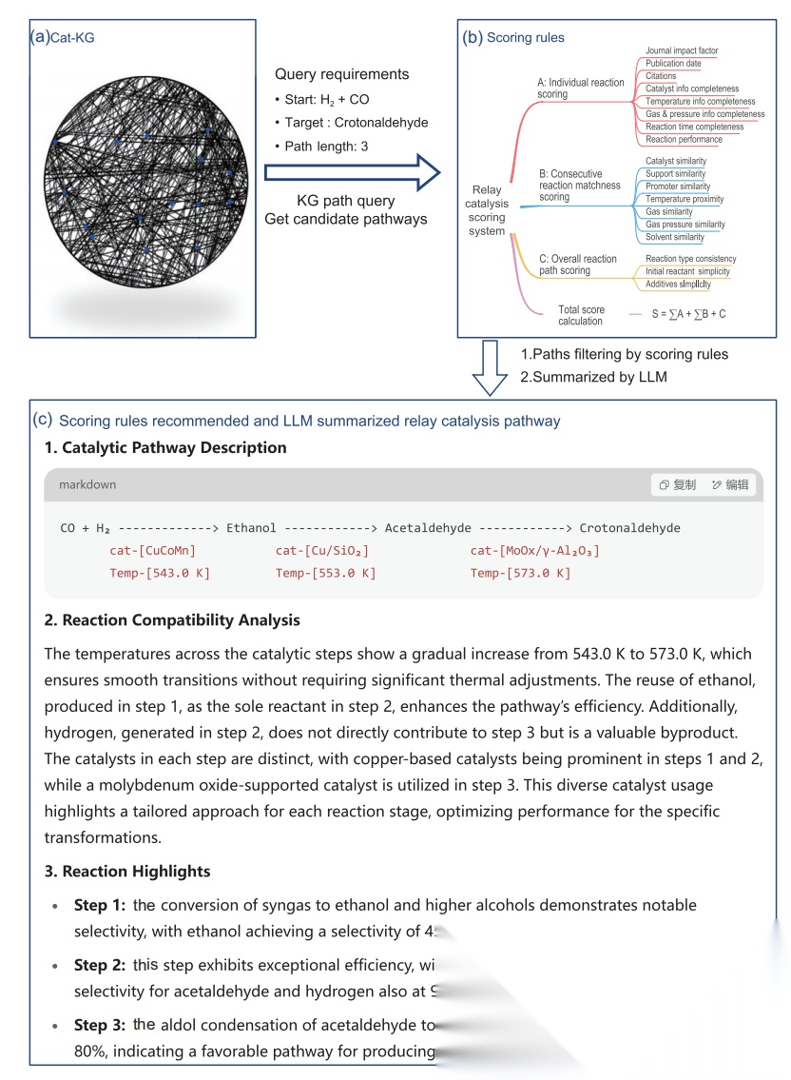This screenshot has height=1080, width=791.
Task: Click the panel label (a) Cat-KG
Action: (63, 37)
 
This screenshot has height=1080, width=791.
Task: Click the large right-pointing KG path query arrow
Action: (352, 172)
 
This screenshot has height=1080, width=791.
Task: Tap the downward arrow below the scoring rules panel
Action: (491, 365)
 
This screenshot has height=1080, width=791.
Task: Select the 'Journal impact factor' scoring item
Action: (682, 50)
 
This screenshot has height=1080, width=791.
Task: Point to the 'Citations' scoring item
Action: (661, 76)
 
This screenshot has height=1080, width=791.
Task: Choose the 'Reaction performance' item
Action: (684, 140)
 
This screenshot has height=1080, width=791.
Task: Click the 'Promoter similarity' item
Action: (677, 187)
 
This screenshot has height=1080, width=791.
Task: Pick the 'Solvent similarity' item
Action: (675, 237)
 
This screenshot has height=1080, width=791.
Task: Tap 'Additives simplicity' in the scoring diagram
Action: (678, 284)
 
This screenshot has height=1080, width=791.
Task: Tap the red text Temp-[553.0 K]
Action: (325, 573)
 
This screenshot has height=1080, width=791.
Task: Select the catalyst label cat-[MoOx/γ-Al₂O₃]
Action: (534, 551)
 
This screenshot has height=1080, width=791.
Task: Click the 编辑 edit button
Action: (730, 484)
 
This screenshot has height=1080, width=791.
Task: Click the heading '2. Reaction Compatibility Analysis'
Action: (172, 620)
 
